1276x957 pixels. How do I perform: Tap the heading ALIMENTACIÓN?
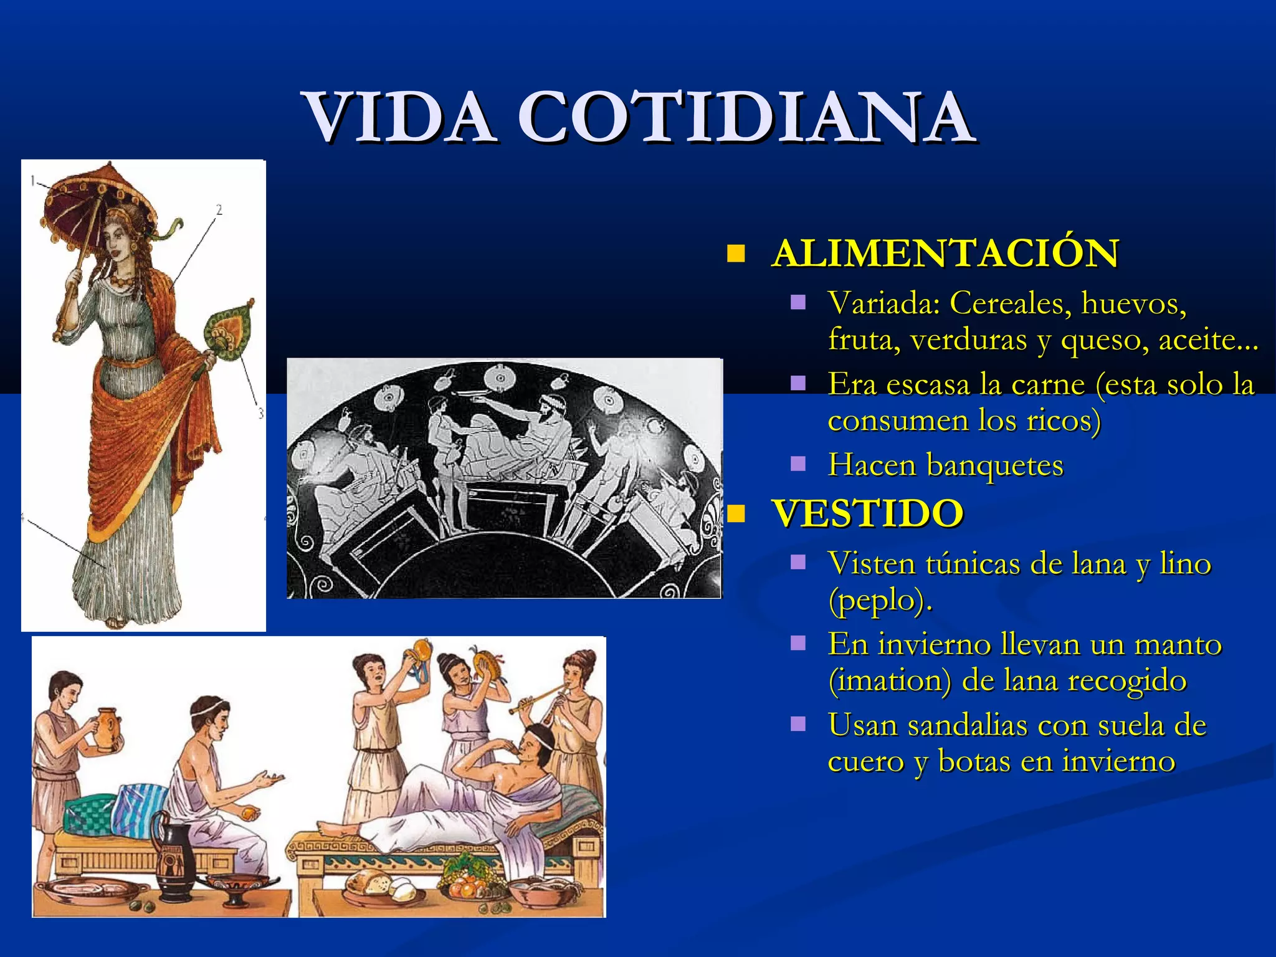(x=945, y=254)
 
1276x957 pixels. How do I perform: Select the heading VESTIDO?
(x=867, y=513)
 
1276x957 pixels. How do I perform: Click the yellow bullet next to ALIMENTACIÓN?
(x=736, y=254)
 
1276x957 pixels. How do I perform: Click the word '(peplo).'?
(x=880, y=600)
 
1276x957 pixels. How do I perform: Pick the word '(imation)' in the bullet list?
(x=889, y=680)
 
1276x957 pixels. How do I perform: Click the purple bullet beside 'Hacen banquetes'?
(x=798, y=464)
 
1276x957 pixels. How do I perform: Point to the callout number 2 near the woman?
(x=219, y=210)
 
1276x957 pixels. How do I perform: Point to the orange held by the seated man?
(x=248, y=813)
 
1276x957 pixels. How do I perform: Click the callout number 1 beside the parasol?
(x=33, y=181)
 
